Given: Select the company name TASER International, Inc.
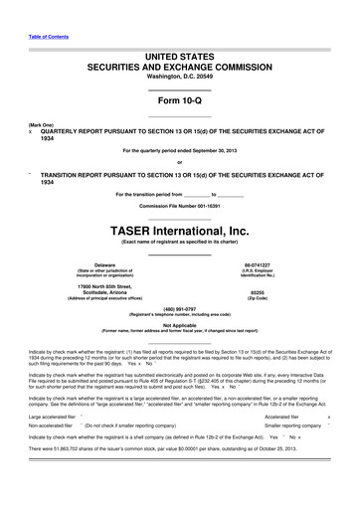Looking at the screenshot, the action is coord(179,229).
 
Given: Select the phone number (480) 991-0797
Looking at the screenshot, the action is coord(179,308).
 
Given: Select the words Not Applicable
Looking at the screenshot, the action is coord(179,324).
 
